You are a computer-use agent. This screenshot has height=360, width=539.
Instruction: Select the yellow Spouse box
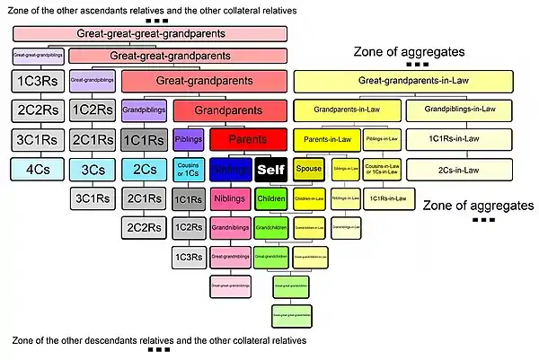pyautogui.click(x=309, y=168)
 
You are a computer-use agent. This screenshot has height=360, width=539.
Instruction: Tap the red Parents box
pyautogui.click(x=248, y=140)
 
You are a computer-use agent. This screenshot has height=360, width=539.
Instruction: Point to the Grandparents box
pyautogui.click(x=229, y=112)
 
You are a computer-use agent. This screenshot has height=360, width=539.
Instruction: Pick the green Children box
pyautogui.click(x=269, y=198)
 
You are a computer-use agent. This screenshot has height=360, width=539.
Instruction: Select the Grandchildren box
pyautogui.click(x=269, y=227)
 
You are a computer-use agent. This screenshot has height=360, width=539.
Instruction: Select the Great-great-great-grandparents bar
pyautogui.click(x=149, y=34)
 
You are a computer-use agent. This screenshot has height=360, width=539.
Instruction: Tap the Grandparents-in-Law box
pyautogui.click(x=348, y=111)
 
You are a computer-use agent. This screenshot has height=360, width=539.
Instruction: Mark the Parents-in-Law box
pyautogui.click(x=326, y=140)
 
